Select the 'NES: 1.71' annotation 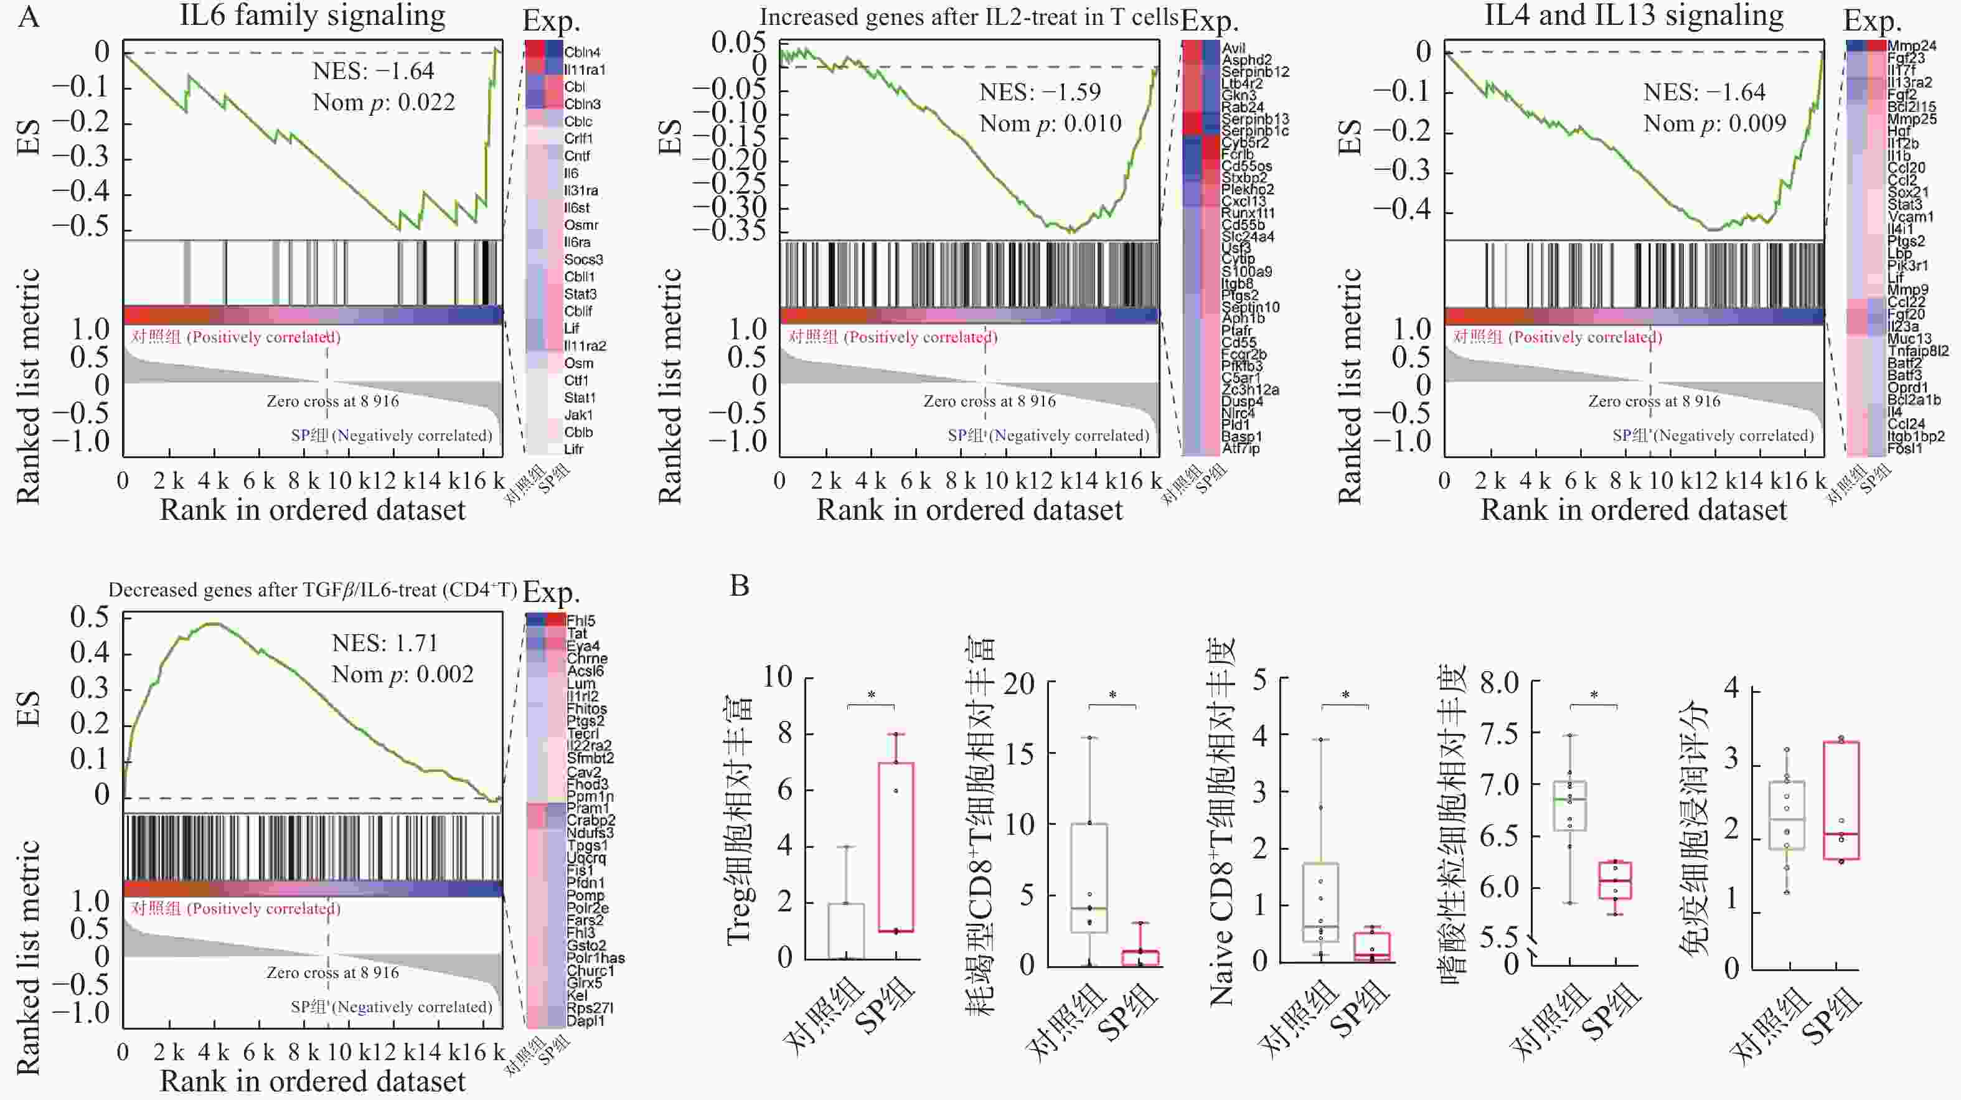pyautogui.click(x=385, y=643)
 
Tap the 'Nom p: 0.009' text pyautogui.click(x=1714, y=123)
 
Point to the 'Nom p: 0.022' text pyautogui.click(x=383, y=102)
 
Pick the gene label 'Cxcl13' pyautogui.click(x=1248, y=202)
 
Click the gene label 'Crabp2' pyautogui.click(x=591, y=820)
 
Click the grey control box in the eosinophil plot pyautogui.click(x=1569, y=806)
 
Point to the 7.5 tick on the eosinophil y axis pyautogui.click(x=1498, y=735)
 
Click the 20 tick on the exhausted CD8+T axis pyautogui.click(x=1018, y=684)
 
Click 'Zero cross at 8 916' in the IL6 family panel pyautogui.click(x=332, y=401)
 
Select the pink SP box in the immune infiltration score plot pyautogui.click(x=1841, y=800)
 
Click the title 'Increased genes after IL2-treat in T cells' pyautogui.click(x=968, y=17)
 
